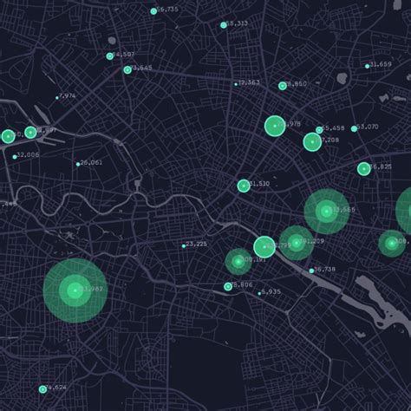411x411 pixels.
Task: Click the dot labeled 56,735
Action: tap(153, 11)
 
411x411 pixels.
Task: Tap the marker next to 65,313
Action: tap(224, 25)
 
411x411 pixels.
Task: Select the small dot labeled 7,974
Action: tap(57, 97)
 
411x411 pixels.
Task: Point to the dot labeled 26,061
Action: tap(78, 164)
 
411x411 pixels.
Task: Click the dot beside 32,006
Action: tap(15, 157)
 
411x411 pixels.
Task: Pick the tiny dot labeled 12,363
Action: tap(236, 84)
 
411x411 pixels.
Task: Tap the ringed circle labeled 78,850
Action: tap(283, 86)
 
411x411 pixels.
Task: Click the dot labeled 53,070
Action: tap(356, 128)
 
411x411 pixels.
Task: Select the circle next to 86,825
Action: tap(364, 169)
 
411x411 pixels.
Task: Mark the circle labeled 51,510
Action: tap(244, 186)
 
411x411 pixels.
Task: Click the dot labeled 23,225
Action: tap(184, 245)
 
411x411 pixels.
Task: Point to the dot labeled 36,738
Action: tap(311, 271)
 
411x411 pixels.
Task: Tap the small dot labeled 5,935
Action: tap(259, 293)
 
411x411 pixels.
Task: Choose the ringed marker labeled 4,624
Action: tap(42, 389)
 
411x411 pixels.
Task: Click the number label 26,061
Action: tap(91, 163)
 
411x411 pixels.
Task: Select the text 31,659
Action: tap(380, 64)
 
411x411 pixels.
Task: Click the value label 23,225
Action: tap(197, 244)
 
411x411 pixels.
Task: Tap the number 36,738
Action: tap(324, 269)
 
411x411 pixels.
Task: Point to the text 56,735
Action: tap(167, 10)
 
